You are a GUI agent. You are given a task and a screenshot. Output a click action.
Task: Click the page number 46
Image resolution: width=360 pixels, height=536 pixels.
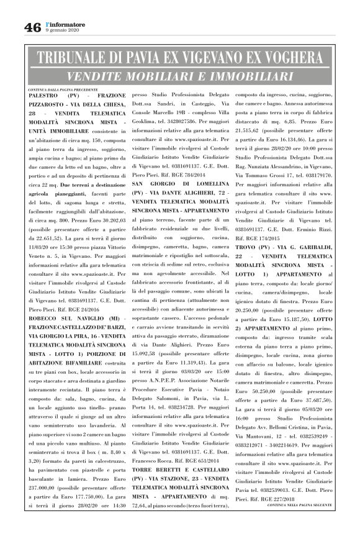32,27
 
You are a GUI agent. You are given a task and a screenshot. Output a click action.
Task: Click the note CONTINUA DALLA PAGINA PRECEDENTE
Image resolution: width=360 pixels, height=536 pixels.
63,89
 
